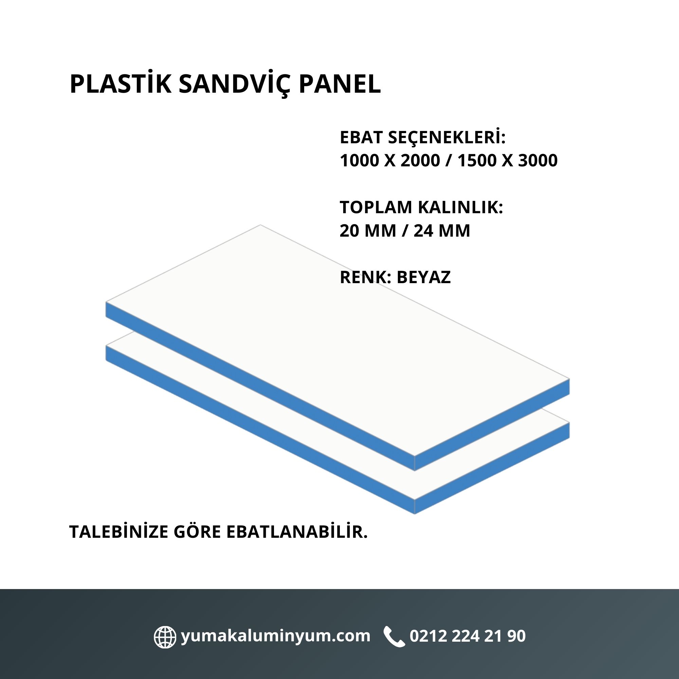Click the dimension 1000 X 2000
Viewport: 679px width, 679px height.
coord(390,161)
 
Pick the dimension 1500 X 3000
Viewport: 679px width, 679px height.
coord(508,161)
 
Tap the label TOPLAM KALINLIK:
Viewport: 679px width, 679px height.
coord(421,207)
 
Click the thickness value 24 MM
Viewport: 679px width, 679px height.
coord(442,231)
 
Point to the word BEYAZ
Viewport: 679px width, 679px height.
coord(423,277)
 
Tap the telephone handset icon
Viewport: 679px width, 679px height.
coord(394,636)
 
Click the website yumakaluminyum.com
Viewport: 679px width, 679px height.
coord(276,636)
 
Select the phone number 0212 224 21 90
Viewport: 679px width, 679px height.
coord(468,636)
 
